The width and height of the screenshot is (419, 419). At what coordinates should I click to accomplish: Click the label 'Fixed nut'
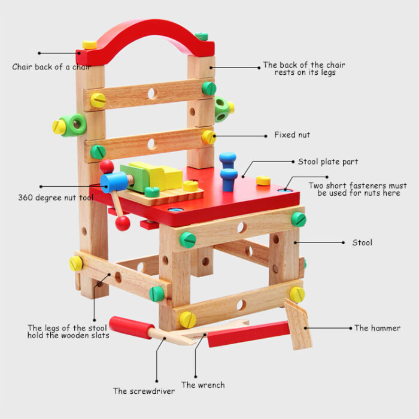[x=292, y=135]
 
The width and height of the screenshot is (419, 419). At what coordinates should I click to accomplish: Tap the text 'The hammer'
[x=377, y=328]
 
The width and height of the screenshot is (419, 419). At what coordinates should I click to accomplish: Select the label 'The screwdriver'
[x=144, y=391]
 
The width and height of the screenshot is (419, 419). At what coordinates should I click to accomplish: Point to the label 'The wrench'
[x=203, y=385]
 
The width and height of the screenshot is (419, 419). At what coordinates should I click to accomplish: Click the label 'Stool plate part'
[x=328, y=162]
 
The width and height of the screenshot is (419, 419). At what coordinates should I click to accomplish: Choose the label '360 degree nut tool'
[x=56, y=198]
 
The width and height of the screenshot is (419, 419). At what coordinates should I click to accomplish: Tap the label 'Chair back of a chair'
[x=51, y=67]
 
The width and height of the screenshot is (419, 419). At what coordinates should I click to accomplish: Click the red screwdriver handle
[x=132, y=327]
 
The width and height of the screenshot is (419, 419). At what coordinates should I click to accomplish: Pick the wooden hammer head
[x=298, y=324]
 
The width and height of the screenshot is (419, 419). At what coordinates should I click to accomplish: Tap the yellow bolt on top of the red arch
[x=90, y=45]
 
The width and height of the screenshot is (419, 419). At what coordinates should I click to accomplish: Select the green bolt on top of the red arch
[x=202, y=37]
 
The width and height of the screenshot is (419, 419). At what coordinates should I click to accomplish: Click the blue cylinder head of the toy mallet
[x=114, y=182]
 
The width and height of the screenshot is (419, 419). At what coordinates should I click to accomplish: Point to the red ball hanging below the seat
[x=123, y=223]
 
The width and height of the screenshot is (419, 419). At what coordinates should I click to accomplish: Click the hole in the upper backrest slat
[x=152, y=94]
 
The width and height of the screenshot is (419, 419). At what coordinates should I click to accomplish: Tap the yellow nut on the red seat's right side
[x=263, y=181]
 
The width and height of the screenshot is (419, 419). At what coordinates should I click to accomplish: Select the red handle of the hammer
[x=248, y=334]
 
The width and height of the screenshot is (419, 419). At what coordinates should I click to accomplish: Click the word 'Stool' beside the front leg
[x=362, y=242]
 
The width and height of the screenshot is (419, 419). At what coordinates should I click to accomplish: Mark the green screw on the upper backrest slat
[x=209, y=89]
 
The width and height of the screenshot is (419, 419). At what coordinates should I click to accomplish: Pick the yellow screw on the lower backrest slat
[x=209, y=137]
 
